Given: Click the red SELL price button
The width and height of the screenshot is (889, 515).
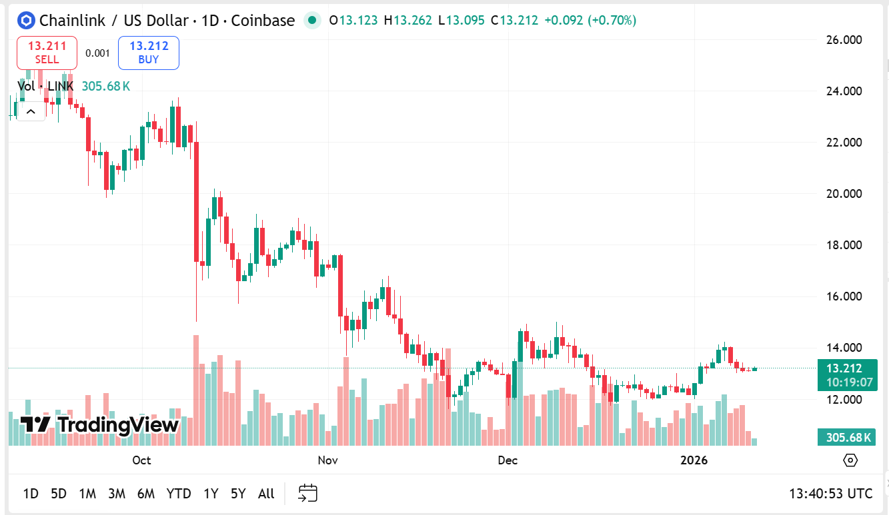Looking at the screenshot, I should click(47, 53).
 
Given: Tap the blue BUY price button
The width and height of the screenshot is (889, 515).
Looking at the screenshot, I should click(149, 53).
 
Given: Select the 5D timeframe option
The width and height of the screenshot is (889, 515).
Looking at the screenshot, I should click(59, 494).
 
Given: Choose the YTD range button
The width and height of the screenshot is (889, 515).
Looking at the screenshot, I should click(179, 494).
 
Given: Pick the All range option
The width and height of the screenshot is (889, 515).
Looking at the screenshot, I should click(266, 494).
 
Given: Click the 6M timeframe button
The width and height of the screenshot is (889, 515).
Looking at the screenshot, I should click(146, 494).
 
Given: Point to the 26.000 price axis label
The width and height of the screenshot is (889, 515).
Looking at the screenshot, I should click(843, 40).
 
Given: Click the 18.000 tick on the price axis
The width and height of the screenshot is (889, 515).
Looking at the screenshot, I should click(843, 245).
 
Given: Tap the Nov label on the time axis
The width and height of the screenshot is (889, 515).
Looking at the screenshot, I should click(327, 460).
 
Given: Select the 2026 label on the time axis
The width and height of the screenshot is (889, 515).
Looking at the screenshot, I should click(694, 460).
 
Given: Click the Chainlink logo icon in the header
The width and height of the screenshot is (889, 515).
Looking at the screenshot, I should click(26, 21).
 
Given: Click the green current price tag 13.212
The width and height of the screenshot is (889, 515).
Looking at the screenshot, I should click(844, 368).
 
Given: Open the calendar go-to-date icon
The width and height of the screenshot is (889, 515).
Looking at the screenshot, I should click(307, 493).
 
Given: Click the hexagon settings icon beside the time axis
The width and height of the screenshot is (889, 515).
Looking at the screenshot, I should click(850, 460).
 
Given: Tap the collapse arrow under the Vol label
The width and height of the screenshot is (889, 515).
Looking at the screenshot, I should click(31, 111).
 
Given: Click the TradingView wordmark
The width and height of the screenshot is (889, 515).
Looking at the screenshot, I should click(100, 425).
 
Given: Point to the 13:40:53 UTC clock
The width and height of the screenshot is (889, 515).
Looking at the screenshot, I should click(830, 494).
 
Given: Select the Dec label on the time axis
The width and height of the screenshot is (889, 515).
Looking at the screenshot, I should click(508, 460).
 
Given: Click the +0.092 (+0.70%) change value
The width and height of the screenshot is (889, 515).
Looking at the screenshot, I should click(590, 21).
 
